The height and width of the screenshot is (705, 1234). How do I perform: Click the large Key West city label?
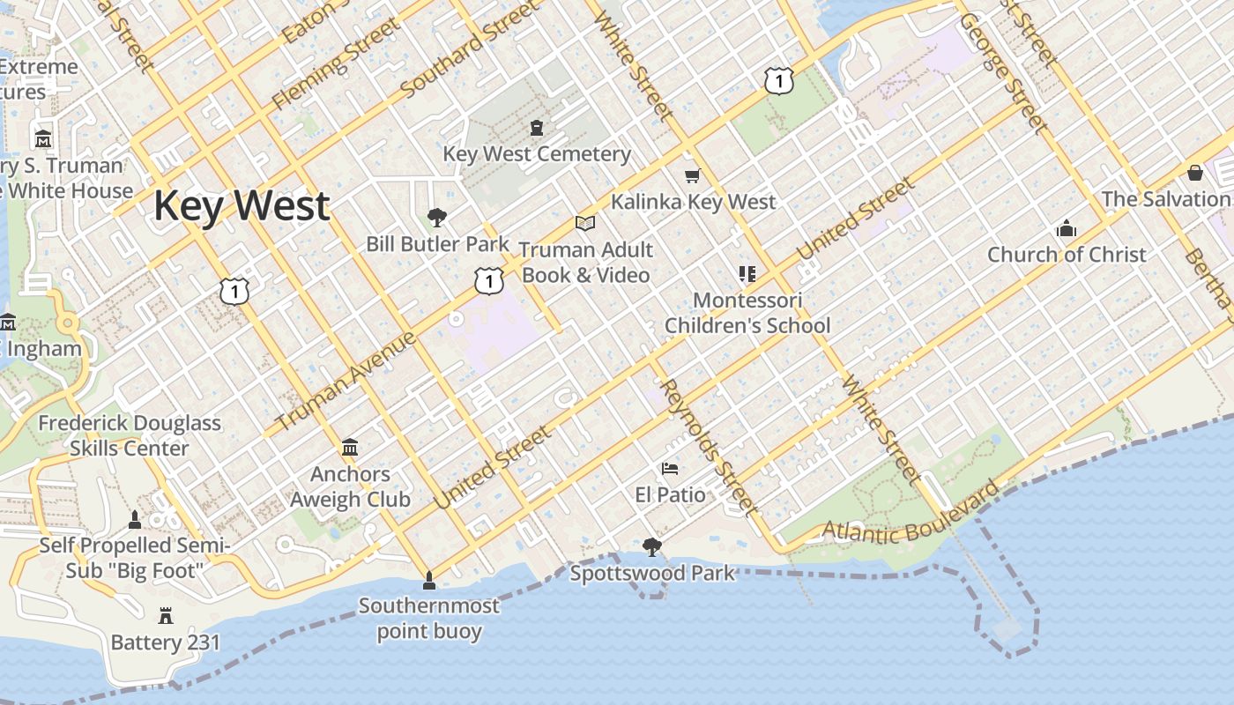242,205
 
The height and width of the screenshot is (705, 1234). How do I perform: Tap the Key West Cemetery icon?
536,129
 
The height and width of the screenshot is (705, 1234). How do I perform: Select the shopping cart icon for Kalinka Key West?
692,176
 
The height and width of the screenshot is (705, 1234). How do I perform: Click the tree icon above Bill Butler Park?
436,218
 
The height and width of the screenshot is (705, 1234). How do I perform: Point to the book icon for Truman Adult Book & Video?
585,224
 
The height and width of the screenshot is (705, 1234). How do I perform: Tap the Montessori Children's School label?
747,313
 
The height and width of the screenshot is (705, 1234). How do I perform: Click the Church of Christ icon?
1066,229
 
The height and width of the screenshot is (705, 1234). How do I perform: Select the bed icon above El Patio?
670,469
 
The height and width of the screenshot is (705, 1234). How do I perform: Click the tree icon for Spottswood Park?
651,548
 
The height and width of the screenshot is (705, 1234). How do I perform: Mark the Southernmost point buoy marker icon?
428,580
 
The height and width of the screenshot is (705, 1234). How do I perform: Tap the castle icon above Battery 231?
165,616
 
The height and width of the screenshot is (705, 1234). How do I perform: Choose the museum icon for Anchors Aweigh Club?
350,448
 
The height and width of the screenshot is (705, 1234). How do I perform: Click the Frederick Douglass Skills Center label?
130,435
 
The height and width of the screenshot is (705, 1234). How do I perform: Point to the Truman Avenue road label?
346,381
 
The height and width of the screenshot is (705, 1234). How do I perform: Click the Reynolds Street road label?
708,447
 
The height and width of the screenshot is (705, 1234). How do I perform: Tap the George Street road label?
1004,71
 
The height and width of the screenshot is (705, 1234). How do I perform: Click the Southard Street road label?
469,49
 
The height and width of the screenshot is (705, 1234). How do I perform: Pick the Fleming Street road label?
336,66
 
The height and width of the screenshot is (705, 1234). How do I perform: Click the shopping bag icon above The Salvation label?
1195,172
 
